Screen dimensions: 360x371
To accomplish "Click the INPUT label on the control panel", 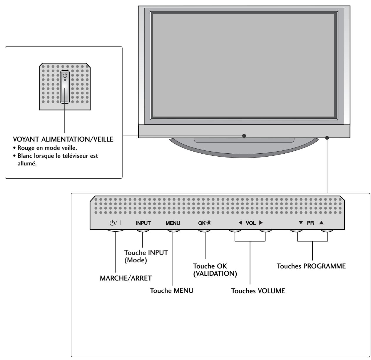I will (143, 223).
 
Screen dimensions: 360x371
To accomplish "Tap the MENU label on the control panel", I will (173, 223).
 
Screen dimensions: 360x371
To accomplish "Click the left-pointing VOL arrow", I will (240, 223).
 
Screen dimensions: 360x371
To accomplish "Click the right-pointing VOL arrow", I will (260, 223).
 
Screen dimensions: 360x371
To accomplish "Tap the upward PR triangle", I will (321, 223).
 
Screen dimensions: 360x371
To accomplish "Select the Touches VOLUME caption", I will (258, 291).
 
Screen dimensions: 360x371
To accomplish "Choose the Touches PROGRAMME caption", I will (311, 266).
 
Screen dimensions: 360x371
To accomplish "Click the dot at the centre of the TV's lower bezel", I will (244, 136).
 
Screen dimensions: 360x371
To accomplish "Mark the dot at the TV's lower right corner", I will (327, 138).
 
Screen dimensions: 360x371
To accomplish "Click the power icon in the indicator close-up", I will (65, 75).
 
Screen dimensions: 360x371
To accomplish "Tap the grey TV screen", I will (243, 65).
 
